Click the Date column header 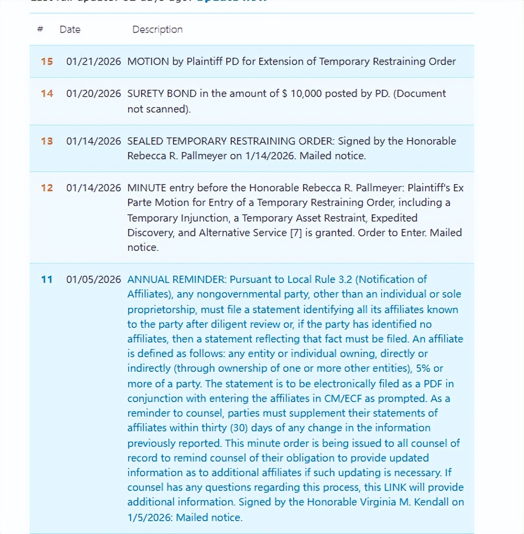(70, 29)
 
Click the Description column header (157, 29)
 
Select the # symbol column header (40, 29)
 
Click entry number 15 (47, 61)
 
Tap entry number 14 (47, 93)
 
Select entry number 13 (47, 141)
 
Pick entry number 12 (47, 188)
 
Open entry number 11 (47, 279)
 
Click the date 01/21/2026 (93, 61)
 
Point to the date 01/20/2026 (93, 93)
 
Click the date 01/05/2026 (93, 279)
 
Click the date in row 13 (93, 141)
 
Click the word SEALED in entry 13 (145, 141)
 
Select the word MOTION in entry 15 (148, 61)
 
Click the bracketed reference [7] (296, 233)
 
